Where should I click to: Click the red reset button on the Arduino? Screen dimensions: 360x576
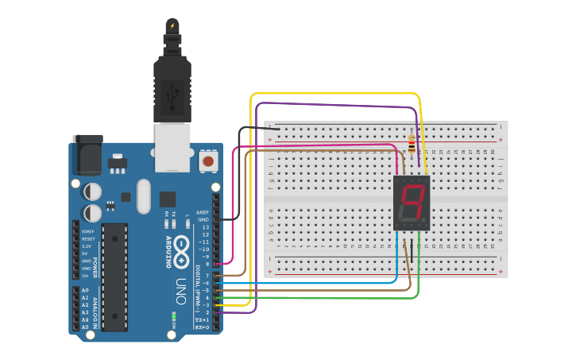208,161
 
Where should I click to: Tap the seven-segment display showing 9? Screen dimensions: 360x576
412,203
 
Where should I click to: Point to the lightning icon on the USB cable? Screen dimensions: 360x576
172,25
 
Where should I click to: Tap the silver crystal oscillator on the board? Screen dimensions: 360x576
143,196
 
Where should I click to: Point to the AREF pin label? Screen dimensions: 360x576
203,212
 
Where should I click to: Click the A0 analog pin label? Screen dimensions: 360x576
85,290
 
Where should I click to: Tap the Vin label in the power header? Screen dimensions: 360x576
85,276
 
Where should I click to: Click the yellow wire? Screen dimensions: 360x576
334,94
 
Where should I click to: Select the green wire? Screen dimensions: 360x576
334,299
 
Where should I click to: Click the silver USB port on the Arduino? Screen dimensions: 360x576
172,147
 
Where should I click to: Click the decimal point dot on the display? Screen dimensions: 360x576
426,220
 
